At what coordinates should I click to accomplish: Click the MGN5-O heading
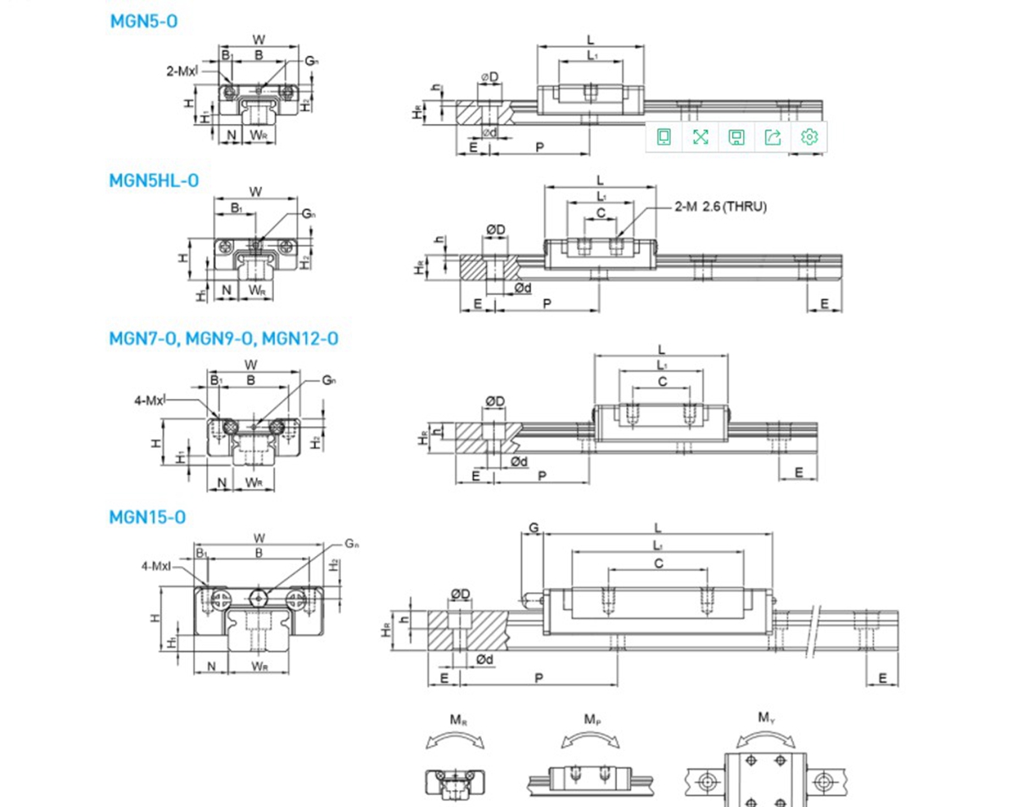143,22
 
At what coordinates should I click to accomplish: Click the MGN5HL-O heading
154,180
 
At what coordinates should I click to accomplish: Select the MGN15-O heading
147,517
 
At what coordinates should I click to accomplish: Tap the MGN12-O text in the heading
300,339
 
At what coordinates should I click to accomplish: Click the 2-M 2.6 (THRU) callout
720,206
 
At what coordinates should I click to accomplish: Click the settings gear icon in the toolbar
809,137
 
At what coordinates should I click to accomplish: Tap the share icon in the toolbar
772,137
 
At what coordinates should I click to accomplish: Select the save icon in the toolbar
736,137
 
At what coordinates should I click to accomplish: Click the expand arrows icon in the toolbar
700,137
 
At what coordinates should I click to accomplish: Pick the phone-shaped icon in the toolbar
664,137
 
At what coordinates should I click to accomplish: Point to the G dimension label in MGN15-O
534,528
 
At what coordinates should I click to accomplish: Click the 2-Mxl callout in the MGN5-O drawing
182,71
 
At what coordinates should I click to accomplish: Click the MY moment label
766,718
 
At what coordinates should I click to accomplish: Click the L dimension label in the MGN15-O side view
659,526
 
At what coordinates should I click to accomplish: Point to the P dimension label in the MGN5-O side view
540,148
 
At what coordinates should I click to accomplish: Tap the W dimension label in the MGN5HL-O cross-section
255,191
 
